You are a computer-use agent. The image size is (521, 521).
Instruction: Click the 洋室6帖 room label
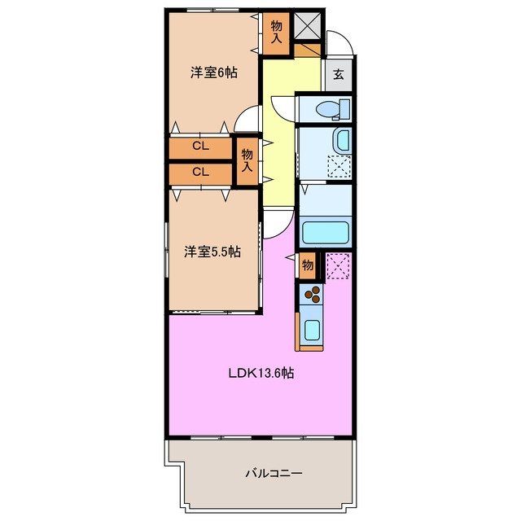(214, 72)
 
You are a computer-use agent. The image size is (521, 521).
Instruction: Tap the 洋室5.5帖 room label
(211, 252)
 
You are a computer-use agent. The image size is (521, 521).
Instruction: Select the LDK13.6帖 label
(260, 374)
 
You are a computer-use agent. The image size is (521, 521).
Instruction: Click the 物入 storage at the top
(276, 33)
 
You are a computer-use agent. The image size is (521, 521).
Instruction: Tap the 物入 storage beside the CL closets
(247, 160)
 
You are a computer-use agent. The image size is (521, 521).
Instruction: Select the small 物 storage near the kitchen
(308, 264)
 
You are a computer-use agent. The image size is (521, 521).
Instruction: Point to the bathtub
(325, 232)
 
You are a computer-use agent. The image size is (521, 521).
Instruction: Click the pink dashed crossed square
(338, 265)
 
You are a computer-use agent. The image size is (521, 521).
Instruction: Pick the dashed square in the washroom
(338, 166)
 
